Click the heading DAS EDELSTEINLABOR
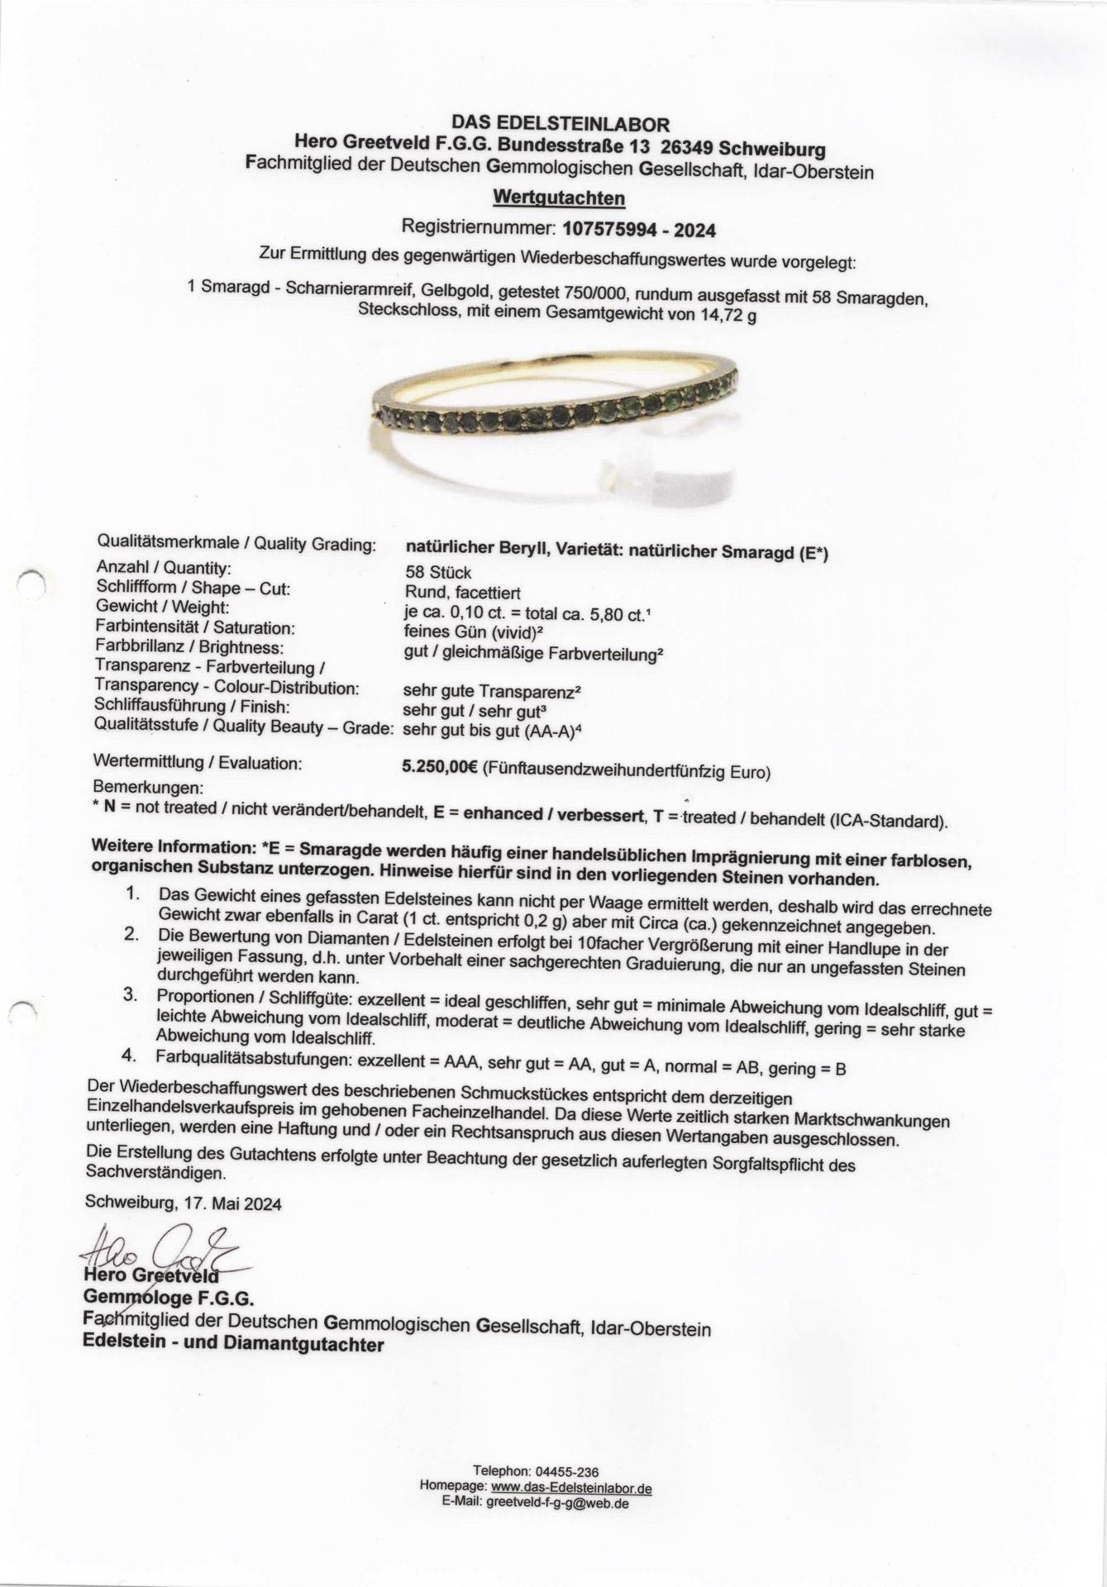coord(560,125)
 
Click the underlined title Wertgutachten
coord(558,198)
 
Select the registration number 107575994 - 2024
coord(638,228)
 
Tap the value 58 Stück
coord(438,572)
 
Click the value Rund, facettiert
coord(462,592)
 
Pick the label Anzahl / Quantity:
coord(164,568)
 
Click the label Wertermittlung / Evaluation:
coord(198,761)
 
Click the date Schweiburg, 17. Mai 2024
coord(183,1203)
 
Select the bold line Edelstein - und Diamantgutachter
coord(233,1344)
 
